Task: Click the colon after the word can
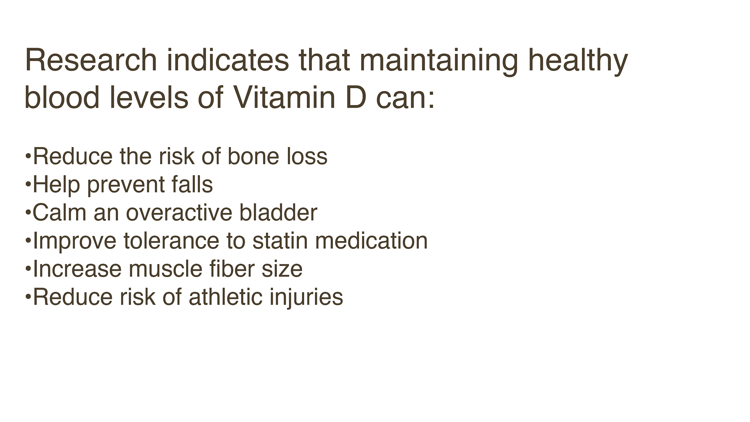[x=431, y=101]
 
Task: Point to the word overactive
[x=179, y=212]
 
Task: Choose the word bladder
[x=278, y=212]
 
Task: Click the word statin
[x=280, y=240]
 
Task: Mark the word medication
[x=371, y=240]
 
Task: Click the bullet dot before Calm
[x=28, y=210]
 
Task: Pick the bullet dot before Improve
[x=28, y=239]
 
